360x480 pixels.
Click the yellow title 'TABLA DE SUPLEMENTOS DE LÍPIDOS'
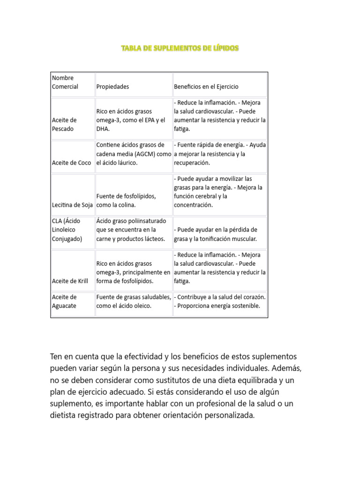180,48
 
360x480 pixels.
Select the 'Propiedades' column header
112,87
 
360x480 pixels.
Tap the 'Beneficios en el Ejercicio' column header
206,87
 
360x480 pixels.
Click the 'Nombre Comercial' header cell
65,82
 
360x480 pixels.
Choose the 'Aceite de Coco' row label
71,163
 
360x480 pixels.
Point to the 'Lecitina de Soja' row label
73,205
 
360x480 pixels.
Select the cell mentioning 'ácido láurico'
134,154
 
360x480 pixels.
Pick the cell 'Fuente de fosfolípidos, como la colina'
127,200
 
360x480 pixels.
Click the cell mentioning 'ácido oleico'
134,301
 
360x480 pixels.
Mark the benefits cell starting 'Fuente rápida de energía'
220,154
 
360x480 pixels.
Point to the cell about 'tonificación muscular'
216,234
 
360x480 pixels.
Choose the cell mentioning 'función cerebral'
218,192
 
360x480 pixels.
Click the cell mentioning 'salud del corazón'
220,301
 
